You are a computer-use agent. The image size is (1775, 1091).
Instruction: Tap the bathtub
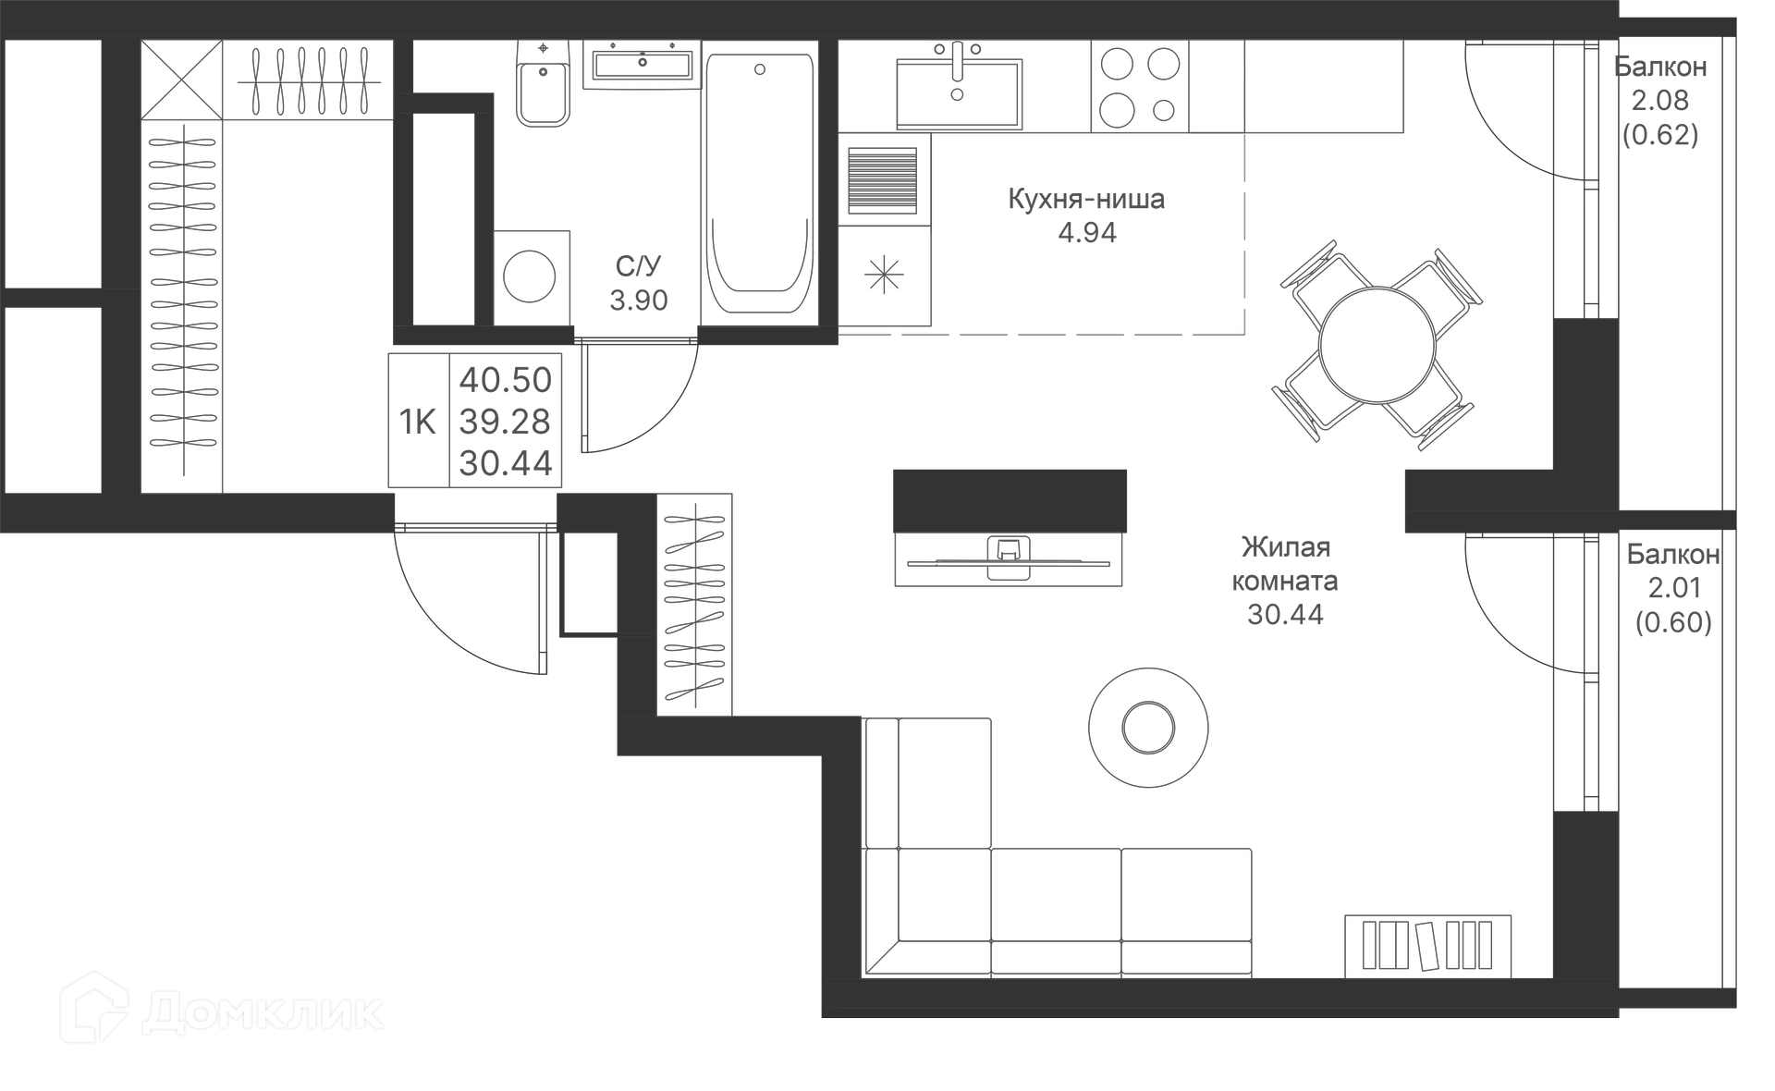[760, 185]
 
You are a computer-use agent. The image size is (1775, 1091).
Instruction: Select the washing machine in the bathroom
[530, 276]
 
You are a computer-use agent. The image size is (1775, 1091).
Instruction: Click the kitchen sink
[959, 92]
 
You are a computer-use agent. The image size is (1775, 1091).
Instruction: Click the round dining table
[1377, 344]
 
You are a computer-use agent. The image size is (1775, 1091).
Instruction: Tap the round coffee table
[1147, 728]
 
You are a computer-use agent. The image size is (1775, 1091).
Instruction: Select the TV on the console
[1008, 558]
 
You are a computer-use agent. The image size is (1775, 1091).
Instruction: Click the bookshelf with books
[1427, 945]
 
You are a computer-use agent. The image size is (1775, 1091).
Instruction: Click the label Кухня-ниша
[1086, 199]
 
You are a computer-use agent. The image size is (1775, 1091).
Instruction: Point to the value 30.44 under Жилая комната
[1285, 615]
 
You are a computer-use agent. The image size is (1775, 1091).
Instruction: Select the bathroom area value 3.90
[638, 300]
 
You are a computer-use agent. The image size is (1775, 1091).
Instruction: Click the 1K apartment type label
[417, 422]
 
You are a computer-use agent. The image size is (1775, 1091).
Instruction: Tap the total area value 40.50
[505, 380]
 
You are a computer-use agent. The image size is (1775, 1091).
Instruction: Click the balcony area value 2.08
[1659, 101]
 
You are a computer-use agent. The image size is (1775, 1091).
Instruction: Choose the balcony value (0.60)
[1672, 622]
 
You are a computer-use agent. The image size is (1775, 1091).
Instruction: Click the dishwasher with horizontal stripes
[882, 179]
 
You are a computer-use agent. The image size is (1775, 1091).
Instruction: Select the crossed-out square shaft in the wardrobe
[181, 80]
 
